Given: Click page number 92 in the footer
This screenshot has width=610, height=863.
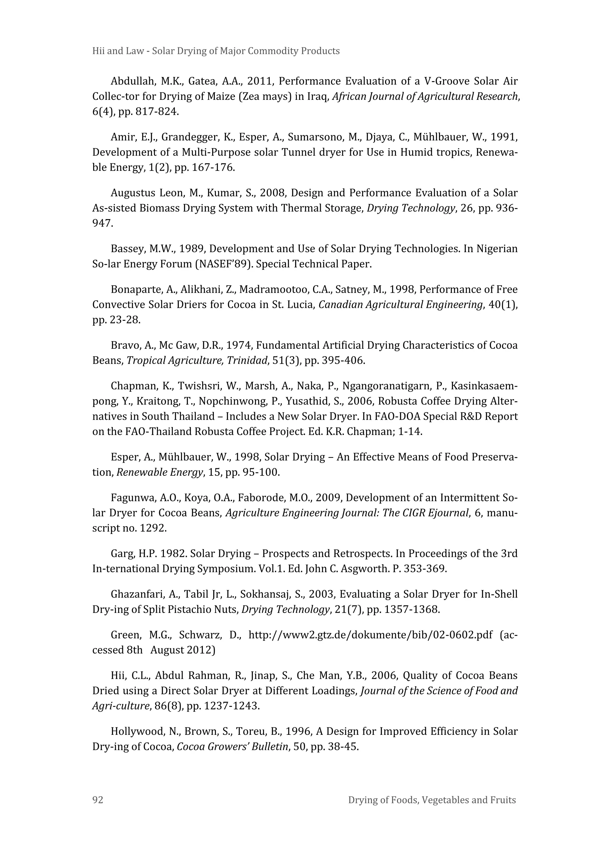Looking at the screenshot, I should click(98, 800).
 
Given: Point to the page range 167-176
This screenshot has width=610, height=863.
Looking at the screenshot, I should click(213, 167).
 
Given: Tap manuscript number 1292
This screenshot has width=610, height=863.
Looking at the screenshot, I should click(153, 528).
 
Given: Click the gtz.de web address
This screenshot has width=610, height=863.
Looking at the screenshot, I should click(370, 635).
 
